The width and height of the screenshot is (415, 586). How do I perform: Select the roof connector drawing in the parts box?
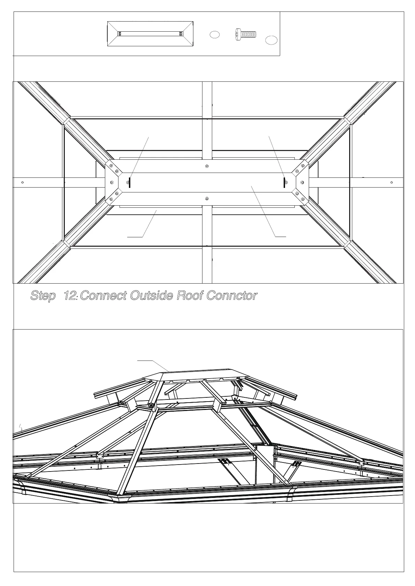[150, 34]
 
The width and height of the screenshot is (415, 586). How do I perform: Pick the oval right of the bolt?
[271, 40]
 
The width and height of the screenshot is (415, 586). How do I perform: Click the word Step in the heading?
[43, 296]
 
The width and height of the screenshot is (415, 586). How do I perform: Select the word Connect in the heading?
[103, 296]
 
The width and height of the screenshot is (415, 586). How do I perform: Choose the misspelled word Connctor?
[232, 296]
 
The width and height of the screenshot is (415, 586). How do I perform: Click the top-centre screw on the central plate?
[207, 166]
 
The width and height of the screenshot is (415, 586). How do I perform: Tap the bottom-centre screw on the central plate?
[207, 199]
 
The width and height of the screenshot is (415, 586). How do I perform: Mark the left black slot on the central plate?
[130, 182]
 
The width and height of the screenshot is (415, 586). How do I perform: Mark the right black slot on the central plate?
[284, 182]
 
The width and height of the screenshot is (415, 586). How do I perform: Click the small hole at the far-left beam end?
[22, 182]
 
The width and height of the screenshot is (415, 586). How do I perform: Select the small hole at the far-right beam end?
[392, 182]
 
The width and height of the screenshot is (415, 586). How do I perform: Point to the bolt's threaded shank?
[249, 34]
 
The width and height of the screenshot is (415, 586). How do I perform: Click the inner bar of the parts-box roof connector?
[150, 34]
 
